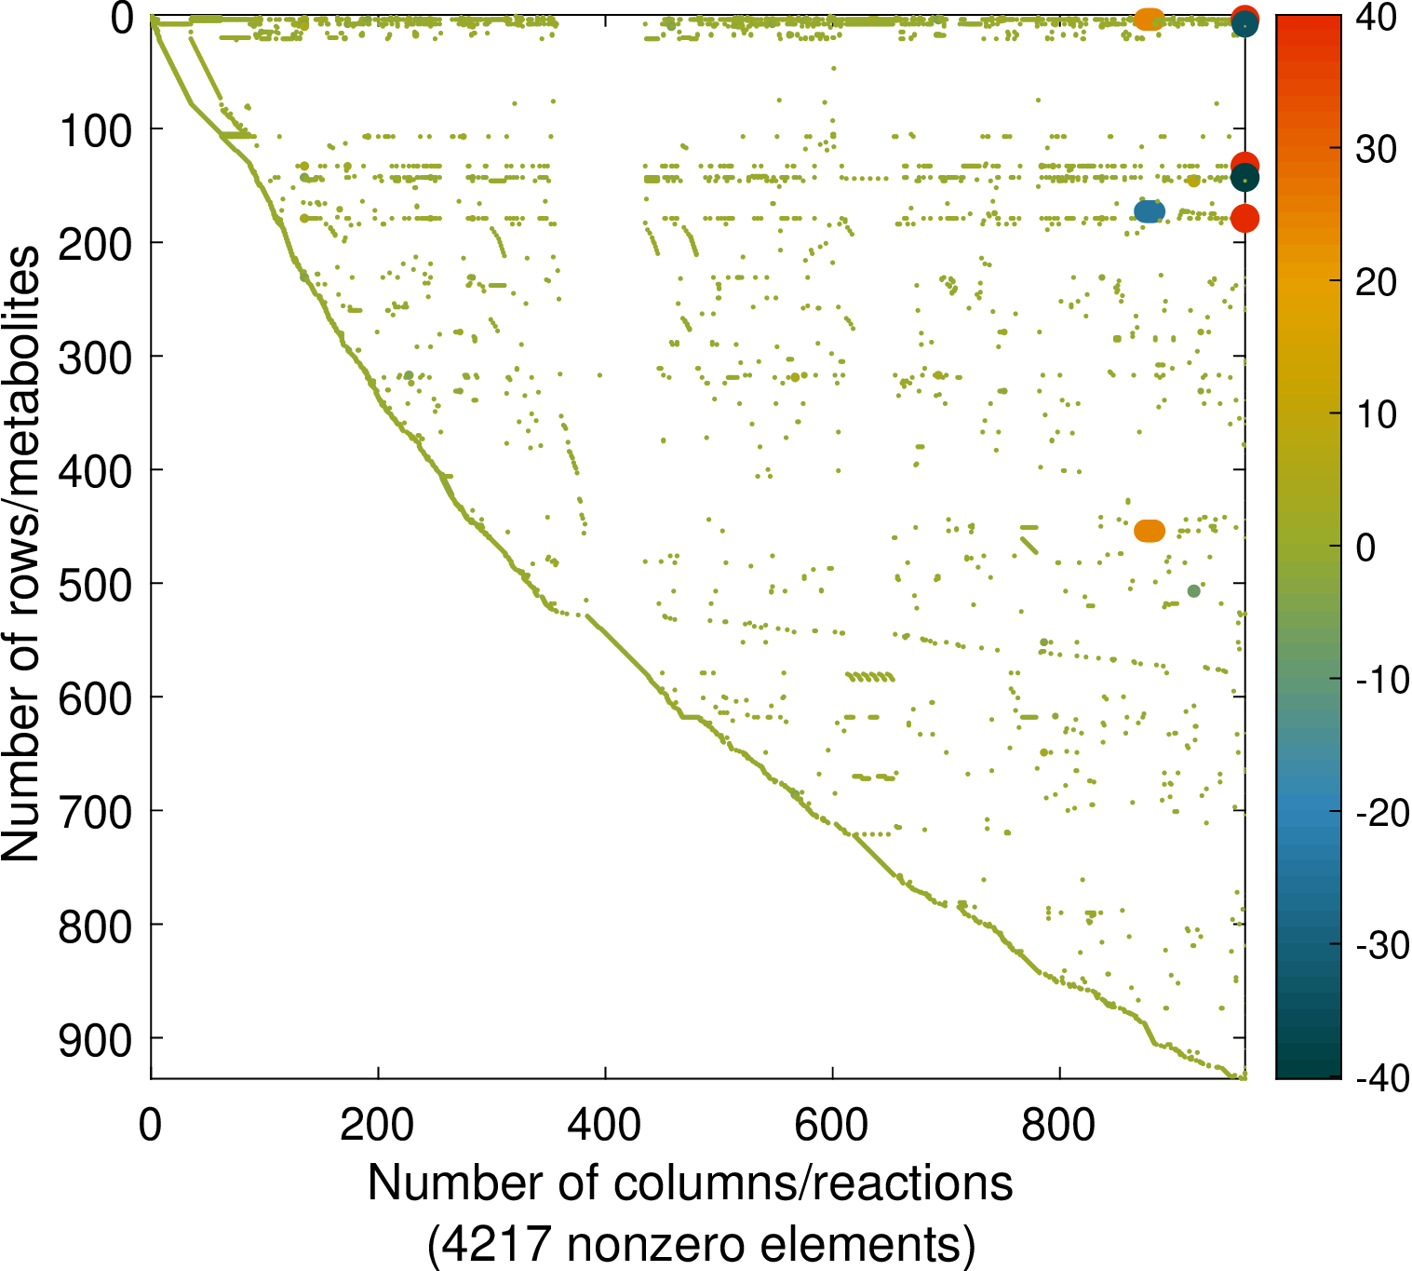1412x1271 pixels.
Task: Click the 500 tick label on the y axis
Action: pyautogui.click(x=96, y=584)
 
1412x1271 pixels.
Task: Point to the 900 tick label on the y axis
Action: pyautogui.click(x=96, y=1039)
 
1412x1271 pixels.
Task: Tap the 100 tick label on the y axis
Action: pyautogui.click(x=96, y=129)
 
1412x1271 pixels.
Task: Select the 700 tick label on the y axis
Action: pyautogui.click(x=96, y=811)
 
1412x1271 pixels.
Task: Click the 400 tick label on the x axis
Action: pyautogui.click(x=605, y=1125)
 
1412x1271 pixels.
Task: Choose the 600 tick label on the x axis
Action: pyautogui.click(x=832, y=1125)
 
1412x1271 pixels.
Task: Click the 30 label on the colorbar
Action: pyautogui.click(x=1376, y=149)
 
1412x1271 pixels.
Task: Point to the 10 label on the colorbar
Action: pyautogui.click(x=1376, y=414)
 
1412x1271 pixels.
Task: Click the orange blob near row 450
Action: pyautogui.click(x=1150, y=531)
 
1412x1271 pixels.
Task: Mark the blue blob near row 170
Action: pyautogui.click(x=1150, y=212)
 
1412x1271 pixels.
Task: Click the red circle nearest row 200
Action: pyautogui.click(x=1245, y=219)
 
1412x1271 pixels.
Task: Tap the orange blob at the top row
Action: pyautogui.click(x=1150, y=19)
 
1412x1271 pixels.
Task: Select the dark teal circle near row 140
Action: pyautogui.click(x=1245, y=178)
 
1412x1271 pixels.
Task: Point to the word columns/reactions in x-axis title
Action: pyautogui.click(x=814, y=1183)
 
